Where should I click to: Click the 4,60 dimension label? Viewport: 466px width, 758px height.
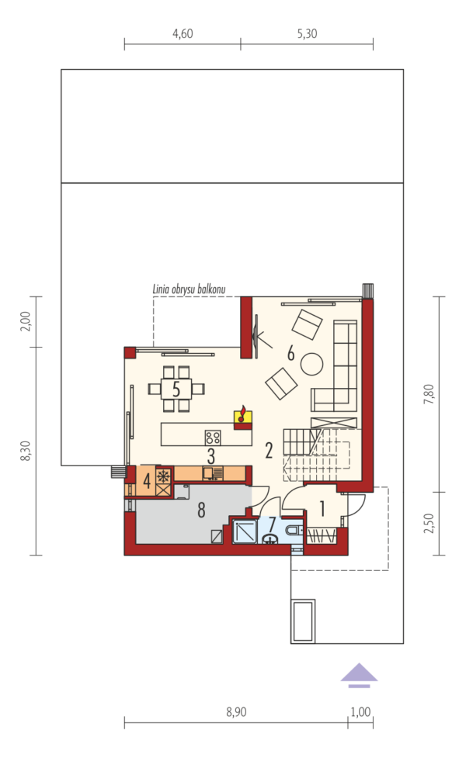click(183, 33)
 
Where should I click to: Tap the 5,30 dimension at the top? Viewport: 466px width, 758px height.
click(307, 33)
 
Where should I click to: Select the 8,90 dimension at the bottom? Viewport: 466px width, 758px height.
click(236, 711)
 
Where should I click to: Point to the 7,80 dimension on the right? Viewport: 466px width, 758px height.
click(429, 393)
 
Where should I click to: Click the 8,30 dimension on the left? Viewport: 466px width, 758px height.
click(25, 451)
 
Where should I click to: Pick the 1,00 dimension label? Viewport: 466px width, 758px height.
click(360, 711)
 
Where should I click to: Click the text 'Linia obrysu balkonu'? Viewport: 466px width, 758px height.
click(190, 289)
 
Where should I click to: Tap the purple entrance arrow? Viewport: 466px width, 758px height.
click(359, 674)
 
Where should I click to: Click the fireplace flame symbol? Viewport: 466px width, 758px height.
click(242, 415)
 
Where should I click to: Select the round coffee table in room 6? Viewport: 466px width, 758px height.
click(311, 364)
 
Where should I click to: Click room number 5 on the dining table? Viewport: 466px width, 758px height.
click(176, 389)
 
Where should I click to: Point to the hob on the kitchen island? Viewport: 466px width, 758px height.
click(213, 438)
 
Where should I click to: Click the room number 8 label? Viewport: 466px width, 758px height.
click(201, 510)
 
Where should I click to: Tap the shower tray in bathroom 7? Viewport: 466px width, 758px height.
click(246, 531)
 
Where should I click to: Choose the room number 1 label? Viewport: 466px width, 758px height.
click(322, 508)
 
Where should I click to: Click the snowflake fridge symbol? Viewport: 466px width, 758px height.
click(164, 476)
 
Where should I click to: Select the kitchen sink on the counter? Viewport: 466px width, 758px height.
click(213, 473)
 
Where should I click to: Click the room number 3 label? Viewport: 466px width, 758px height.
click(211, 456)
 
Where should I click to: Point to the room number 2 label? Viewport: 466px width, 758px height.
click(269, 451)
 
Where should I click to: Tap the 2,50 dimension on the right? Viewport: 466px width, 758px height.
click(429, 523)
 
